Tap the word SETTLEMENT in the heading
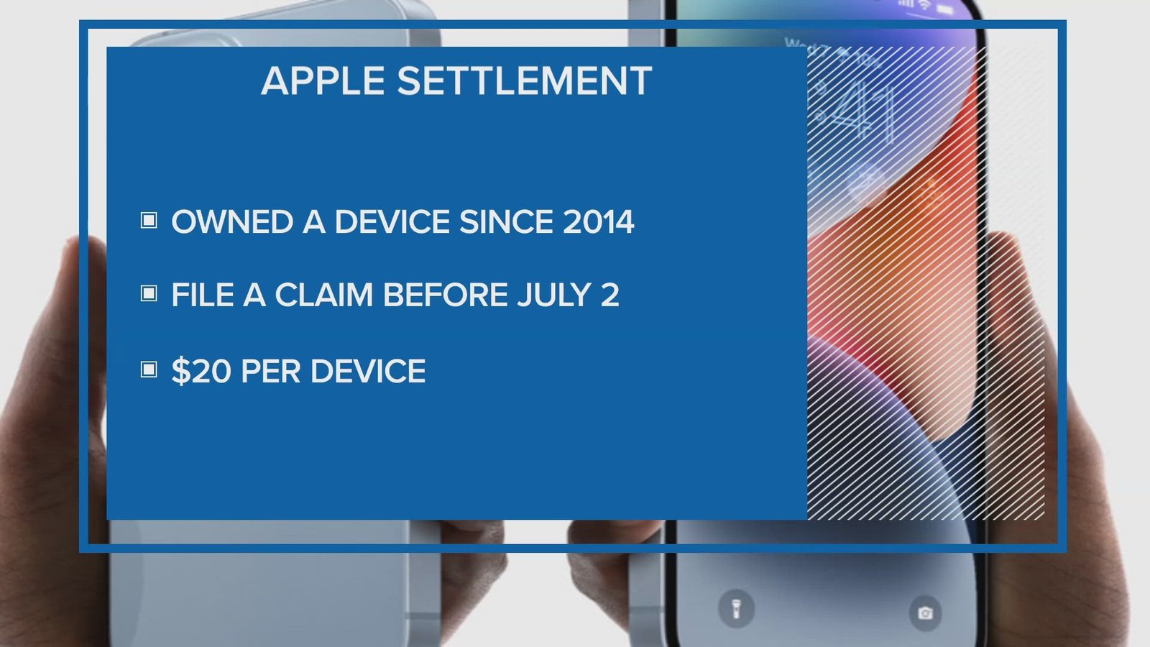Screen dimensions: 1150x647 [x=524, y=81]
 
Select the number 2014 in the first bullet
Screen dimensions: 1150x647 [x=598, y=222]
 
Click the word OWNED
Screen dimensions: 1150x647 [x=233, y=222]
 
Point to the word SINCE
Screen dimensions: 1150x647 [x=505, y=222]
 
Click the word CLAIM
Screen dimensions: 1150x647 [x=324, y=295]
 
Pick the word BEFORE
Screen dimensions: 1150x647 [x=445, y=295]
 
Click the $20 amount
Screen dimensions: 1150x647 [x=201, y=371]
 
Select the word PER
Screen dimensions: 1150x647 [x=270, y=371]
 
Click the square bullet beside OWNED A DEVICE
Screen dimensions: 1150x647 [x=149, y=220]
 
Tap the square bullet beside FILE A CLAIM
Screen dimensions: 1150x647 [x=149, y=293]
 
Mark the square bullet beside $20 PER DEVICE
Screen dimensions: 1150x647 [x=149, y=370]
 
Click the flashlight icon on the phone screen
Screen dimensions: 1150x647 [x=736, y=609]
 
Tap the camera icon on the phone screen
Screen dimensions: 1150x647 [x=925, y=612]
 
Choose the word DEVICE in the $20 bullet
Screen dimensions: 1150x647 [x=368, y=371]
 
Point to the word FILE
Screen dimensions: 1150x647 [x=203, y=295]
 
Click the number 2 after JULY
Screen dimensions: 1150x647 [x=609, y=295]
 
